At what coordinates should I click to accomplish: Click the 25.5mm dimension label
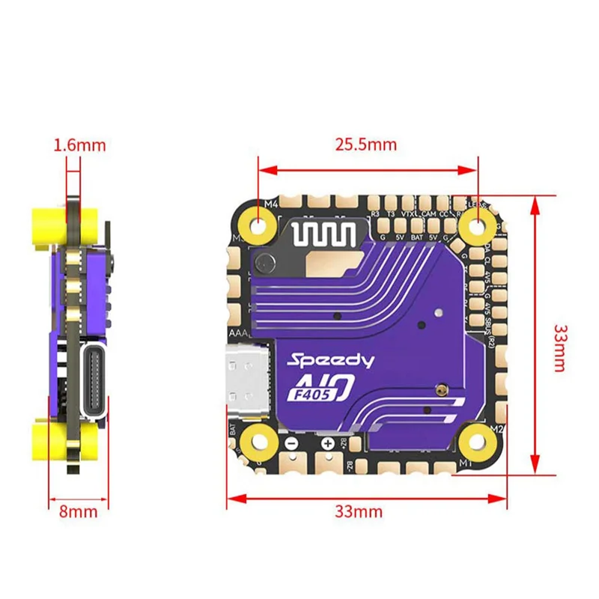[x=366, y=145]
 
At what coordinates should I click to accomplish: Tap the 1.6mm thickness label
[x=79, y=145]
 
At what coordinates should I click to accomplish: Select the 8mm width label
[x=79, y=512]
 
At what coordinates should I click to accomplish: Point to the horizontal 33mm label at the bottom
[x=358, y=512]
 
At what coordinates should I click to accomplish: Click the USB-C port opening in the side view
[x=96, y=383]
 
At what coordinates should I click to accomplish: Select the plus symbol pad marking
[x=326, y=443]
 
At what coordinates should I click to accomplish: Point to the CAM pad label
[x=428, y=214]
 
